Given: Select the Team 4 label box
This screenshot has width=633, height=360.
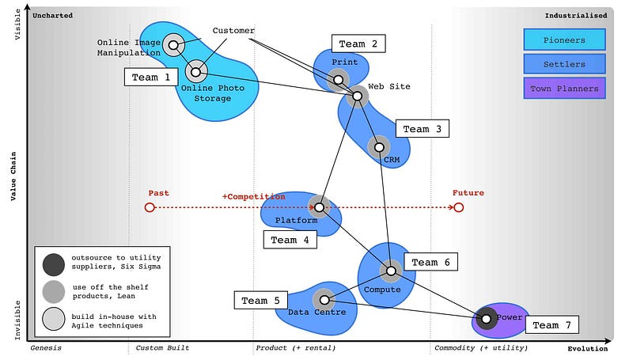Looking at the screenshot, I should point(289,240).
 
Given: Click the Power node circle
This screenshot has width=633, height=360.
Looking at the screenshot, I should point(487,319).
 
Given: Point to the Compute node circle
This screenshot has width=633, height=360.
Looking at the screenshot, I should point(390,271).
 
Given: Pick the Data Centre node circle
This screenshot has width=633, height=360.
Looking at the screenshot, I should point(324,300).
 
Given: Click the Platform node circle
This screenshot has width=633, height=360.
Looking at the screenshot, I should point(319,207).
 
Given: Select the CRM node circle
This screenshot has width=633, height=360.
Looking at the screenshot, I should point(378,146).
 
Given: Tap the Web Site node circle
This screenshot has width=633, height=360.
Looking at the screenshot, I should point(357,96).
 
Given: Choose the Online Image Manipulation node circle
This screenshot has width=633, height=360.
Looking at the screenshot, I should point(173,44).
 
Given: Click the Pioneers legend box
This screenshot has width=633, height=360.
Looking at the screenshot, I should point(564,40).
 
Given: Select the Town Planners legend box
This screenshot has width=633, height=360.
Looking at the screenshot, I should point(564,88).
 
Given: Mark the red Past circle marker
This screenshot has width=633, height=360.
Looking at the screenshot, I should point(149,207).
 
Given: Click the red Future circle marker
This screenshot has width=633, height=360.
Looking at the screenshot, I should point(458,207).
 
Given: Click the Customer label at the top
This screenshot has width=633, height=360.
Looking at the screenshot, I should point(233,31).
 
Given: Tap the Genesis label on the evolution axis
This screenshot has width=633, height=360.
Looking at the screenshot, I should point(46,348).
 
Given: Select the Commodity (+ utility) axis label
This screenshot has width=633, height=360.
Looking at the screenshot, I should point(472,348).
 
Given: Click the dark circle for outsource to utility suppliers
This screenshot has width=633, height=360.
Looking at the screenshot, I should point(54,263).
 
